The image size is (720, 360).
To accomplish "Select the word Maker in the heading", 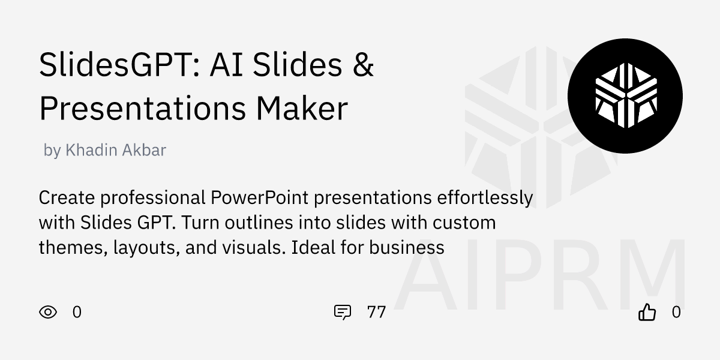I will (x=302, y=109).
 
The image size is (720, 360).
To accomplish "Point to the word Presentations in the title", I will (x=142, y=109).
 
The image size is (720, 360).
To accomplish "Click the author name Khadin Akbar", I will (x=115, y=150).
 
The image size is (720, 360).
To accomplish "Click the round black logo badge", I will (x=625, y=96).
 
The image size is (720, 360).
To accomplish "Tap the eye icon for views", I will (x=48, y=312).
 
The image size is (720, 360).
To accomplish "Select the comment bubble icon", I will (x=342, y=312).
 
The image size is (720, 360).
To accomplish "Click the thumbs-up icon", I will (x=647, y=312).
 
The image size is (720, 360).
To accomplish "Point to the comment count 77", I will (x=376, y=312).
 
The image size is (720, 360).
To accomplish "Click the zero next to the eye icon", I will (x=77, y=312).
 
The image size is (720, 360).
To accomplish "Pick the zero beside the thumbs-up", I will (x=676, y=312).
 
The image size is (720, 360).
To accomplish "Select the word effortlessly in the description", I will (x=485, y=197).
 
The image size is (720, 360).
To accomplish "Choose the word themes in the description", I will (x=72, y=247).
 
